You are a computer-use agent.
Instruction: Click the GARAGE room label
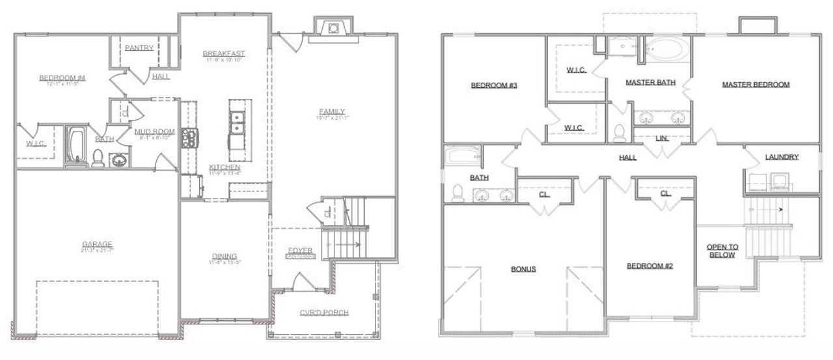[97, 244]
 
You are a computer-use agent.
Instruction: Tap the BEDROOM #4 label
[62, 78]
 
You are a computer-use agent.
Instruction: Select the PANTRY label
[139, 48]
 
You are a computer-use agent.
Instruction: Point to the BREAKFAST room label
[224, 53]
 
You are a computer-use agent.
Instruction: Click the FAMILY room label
[332, 111]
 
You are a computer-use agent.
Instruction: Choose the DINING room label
[224, 256]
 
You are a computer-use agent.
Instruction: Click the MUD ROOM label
[154, 132]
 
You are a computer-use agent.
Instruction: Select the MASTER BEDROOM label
[756, 84]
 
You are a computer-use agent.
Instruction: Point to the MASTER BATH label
[650, 83]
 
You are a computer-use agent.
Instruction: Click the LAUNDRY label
[782, 157]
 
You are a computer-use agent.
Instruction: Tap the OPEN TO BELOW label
[722, 251]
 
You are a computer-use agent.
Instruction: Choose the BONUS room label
[523, 269]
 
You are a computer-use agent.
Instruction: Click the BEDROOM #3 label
[494, 85]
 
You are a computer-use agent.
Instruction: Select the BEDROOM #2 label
[649, 266]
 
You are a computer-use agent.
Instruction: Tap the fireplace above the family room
[333, 28]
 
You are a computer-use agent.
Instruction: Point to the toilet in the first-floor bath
[98, 158]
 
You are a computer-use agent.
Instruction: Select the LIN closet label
[662, 138]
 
